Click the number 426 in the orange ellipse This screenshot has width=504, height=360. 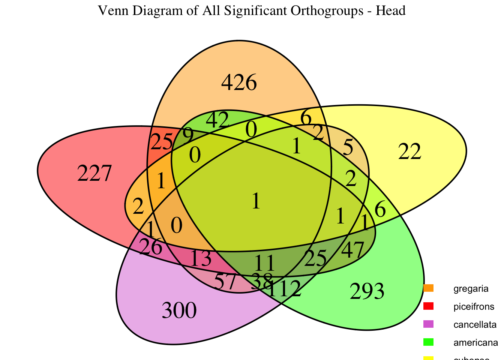pos(239,83)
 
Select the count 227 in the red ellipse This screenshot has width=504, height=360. pos(94,174)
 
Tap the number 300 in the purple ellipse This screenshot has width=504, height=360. pos(179,311)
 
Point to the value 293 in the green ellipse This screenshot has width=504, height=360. pos(367,292)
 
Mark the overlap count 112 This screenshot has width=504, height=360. pos(285,289)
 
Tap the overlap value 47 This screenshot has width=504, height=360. pos(353,250)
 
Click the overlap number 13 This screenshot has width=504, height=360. pos(201,259)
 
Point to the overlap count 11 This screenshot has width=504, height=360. pos(265,263)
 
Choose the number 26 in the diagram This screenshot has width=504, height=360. pos(150,247)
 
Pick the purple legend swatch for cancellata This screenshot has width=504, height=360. pos(428,324)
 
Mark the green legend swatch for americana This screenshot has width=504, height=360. pos(428,342)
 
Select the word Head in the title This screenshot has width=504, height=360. pos(393,10)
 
